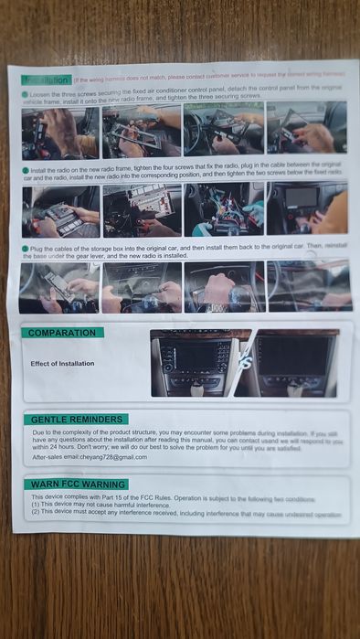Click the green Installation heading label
pos(45,80)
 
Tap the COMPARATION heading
pos(63,333)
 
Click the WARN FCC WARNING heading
pos(78,484)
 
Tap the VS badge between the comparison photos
pos(243,363)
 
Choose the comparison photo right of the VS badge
pos(293,363)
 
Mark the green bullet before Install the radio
pos(25,171)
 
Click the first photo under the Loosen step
pos(59,132)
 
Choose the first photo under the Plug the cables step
pos(58,286)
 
